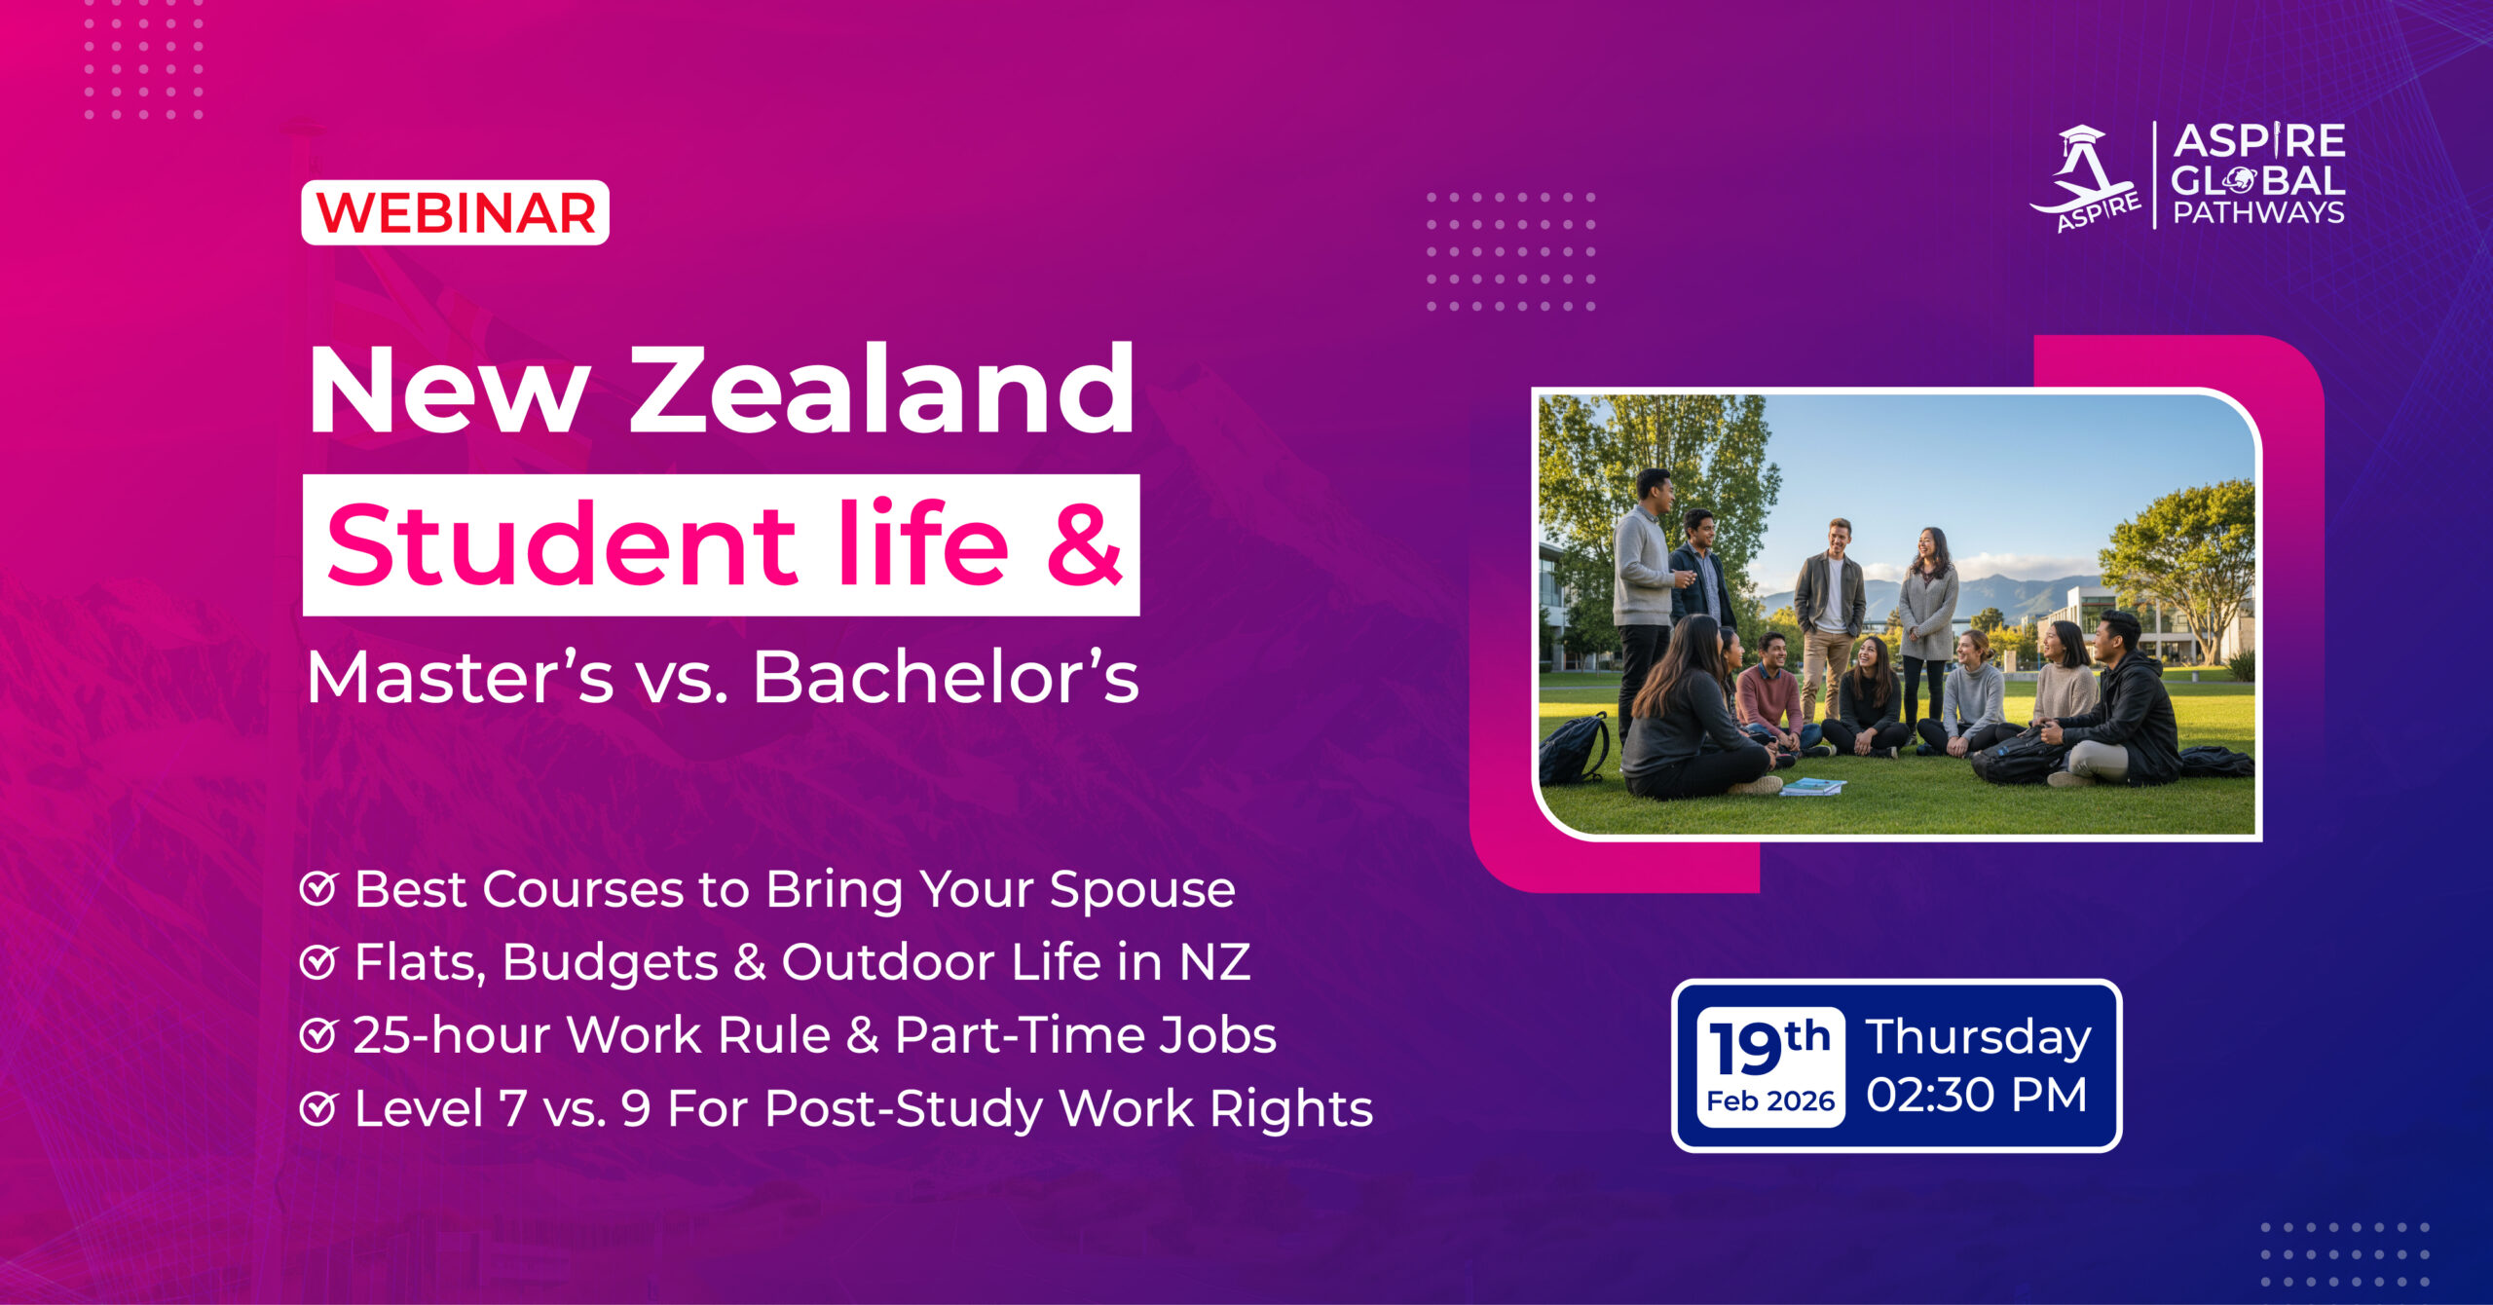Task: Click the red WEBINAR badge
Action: click(455, 212)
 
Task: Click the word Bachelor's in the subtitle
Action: click(946, 676)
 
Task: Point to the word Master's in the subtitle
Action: click(461, 676)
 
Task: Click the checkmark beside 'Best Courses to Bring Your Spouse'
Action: click(318, 889)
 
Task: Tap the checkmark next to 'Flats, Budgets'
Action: click(318, 962)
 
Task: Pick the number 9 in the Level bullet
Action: click(636, 1108)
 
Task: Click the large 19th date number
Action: click(1769, 1048)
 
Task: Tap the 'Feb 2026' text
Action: click(1770, 1101)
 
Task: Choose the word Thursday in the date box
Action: click(1979, 1038)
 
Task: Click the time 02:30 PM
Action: click(1977, 1096)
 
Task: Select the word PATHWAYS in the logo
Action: click(2258, 212)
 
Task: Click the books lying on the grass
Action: click(1811, 787)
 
